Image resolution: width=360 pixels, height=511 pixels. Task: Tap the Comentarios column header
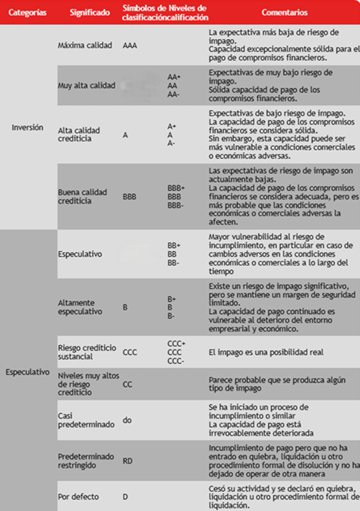285,13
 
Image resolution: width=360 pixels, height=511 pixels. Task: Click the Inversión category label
27,127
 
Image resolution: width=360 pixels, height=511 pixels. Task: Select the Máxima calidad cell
85,46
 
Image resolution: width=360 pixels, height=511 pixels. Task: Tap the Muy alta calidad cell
86,86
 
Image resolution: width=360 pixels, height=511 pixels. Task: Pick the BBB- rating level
176,205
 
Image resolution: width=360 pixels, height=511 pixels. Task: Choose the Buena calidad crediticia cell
82,196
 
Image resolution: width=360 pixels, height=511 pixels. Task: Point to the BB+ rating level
174,245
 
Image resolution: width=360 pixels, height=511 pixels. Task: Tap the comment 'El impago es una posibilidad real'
266,352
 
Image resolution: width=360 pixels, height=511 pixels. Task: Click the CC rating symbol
127,384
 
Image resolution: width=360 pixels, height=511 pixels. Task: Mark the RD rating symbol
127,461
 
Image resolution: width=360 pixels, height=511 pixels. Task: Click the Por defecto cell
78,496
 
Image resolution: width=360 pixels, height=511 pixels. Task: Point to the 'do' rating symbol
127,420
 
